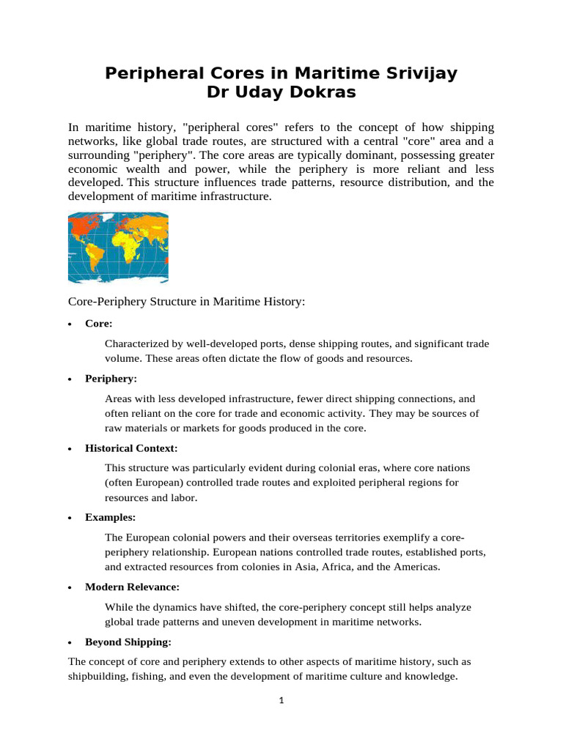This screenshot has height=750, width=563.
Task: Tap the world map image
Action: pos(118,248)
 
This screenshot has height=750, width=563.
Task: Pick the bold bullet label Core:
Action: pos(99,323)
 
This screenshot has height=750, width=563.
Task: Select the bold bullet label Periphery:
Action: pos(111,379)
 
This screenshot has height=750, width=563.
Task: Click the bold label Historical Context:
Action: pos(131,448)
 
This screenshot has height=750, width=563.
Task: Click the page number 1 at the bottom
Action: pos(281,700)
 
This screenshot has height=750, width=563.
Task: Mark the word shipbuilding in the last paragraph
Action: pos(99,677)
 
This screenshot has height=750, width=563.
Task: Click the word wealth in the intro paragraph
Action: pos(136,169)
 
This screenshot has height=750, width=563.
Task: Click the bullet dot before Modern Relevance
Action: pos(70,587)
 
